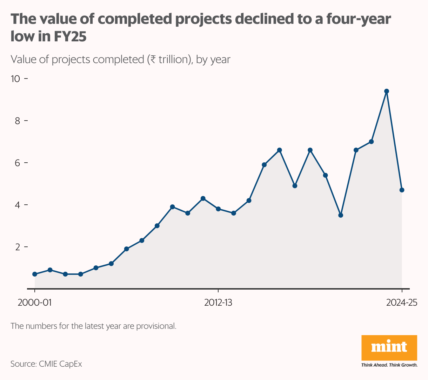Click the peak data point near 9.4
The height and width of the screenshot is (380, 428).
387,91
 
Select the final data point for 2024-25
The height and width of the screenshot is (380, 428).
402,190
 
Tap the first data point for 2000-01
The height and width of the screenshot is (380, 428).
35,274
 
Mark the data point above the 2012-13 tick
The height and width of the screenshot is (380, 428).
218,209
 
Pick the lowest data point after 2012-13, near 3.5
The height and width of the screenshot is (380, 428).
341,215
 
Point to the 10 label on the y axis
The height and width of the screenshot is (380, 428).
16,79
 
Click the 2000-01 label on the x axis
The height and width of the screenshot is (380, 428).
34,303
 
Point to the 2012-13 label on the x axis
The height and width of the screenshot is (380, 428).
218,303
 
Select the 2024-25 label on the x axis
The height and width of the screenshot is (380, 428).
402,303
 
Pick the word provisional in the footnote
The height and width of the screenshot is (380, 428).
155,326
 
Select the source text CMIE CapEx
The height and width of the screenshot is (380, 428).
59,364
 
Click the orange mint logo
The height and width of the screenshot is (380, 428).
389,347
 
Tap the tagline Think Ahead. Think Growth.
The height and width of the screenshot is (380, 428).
389,365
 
